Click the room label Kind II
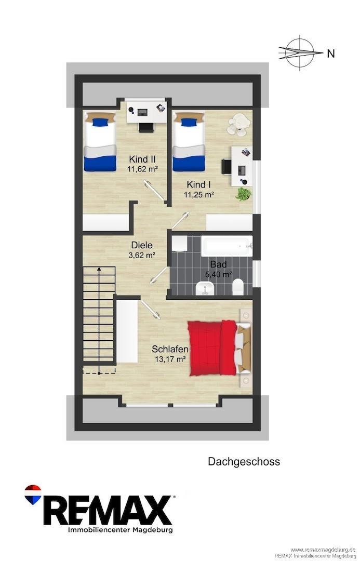click(x=142, y=159)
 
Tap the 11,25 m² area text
click(x=199, y=195)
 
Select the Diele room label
click(x=142, y=245)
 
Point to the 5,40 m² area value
click(x=218, y=274)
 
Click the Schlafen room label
click(x=170, y=349)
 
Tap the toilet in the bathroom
click(x=238, y=287)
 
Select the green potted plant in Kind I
click(x=243, y=194)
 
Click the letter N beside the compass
click(x=331, y=54)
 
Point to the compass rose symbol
click(x=300, y=52)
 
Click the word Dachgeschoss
click(x=244, y=462)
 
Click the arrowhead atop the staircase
click(x=99, y=269)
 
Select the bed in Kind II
click(x=100, y=142)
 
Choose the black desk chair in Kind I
click(x=226, y=167)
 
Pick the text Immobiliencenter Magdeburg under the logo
click(x=120, y=530)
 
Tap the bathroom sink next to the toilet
click(x=205, y=288)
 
